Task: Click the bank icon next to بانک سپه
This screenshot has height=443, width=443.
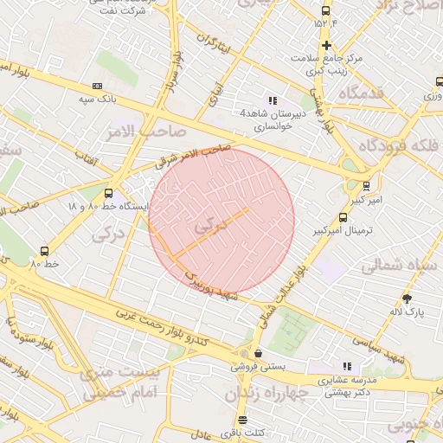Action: click(x=97, y=86)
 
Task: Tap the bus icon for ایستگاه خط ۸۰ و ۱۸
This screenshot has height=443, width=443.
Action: click(x=108, y=194)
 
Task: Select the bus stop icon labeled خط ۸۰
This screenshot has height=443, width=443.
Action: click(x=45, y=251)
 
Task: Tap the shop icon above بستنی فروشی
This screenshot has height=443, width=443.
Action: click(x=258, y=353)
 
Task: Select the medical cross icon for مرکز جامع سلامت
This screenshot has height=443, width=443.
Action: click(x=326, y=45)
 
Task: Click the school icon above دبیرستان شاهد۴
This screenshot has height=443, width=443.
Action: click(x=273, y=100)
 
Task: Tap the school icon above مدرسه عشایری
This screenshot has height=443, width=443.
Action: click(x=348, y=366)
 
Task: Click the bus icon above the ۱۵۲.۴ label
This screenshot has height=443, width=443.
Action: click(x=325, y=11)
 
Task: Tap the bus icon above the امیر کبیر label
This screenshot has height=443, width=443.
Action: click(x=366, y=185)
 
